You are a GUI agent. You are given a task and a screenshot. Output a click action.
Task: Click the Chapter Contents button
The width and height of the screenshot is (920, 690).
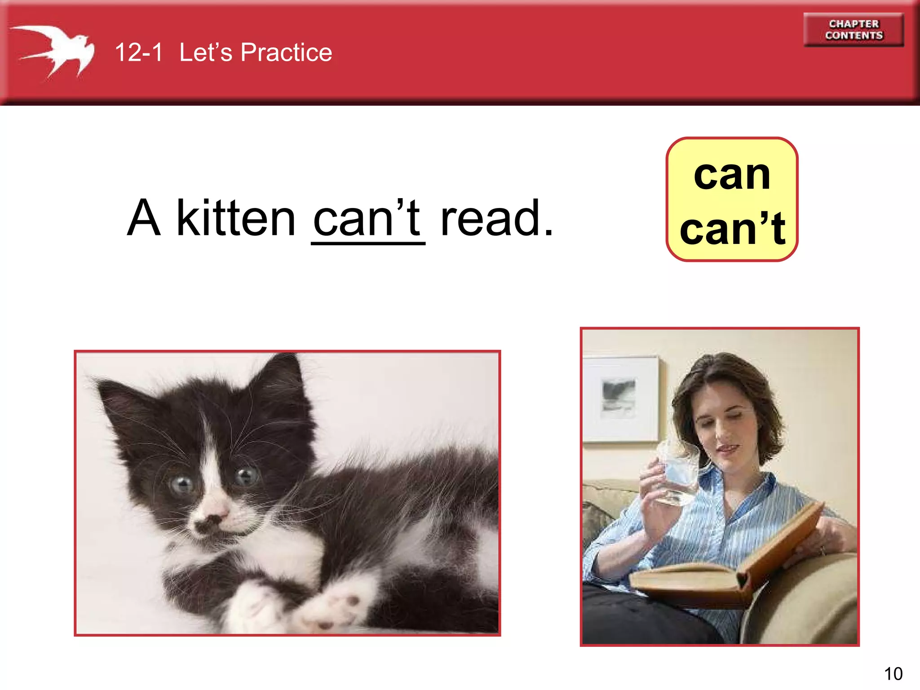pyautogui.click(x=854, y=30)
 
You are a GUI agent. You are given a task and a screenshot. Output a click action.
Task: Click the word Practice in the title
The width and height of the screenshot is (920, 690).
pyautogui.click(x=286, y=52)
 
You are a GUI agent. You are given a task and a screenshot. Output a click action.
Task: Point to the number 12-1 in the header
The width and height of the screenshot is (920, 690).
pyautogui.click(x=138, y=52)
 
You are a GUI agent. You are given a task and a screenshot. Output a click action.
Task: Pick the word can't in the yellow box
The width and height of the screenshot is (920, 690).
pyautogui.click(x=733, y=229)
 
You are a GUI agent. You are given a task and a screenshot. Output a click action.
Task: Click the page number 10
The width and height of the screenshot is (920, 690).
pyautogui.click(x=893, y=674)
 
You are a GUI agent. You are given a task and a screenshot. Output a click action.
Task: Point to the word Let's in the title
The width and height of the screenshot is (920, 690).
pyautogui.click(x=206, y=52)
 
